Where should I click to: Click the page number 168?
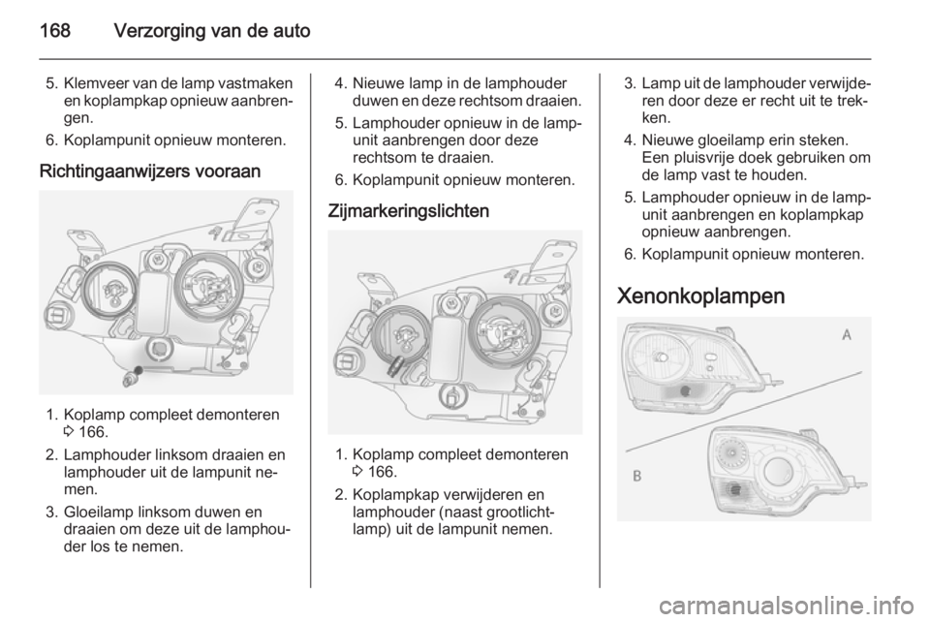[x=55, y=30]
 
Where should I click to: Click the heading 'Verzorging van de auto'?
[x=212, y=30]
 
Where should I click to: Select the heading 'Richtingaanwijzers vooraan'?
[x=150, y=171]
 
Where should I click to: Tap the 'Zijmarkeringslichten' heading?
[x=409, y=211]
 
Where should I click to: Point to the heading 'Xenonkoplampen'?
[x=700, y=295]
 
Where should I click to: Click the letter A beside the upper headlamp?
[x=847, y=335]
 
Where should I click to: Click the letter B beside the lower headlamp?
[x=637, y=476]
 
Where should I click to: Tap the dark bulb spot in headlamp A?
[x=685, y=390]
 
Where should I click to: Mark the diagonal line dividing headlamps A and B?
[x=743, y=411]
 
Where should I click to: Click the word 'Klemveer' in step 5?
[x=97, y=83]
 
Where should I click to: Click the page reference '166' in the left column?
[x=92, y=432]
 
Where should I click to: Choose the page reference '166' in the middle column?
[x=382, y=472]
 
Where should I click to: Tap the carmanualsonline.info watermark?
[x=790, y=606]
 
